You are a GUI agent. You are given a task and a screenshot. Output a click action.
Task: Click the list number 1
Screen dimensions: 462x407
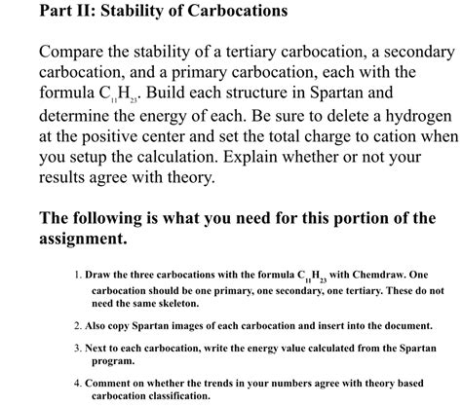[77, 275]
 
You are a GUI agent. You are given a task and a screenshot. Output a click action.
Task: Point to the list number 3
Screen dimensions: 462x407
[77, 347]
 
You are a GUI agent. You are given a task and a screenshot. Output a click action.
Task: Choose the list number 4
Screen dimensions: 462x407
[77, 383]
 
